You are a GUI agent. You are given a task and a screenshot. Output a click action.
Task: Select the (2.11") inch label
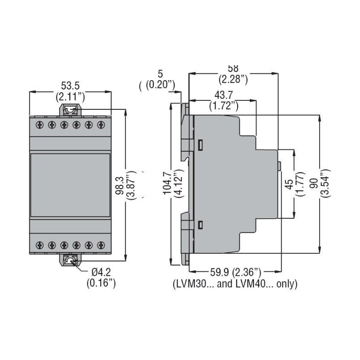pos(70,96)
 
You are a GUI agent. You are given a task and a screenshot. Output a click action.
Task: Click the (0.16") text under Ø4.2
pos(101,283)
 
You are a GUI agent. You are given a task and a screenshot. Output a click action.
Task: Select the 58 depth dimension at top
pos(233,69)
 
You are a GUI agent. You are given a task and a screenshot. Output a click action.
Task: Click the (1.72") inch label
pos(224,106)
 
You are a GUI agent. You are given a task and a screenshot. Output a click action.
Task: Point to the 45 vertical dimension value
pos(289,184)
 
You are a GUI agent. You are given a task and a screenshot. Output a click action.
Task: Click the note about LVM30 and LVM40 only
pos(235,284)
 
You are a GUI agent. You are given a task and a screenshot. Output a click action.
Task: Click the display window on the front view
pos(70,184)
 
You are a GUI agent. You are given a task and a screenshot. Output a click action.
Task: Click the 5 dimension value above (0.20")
pos(160,72)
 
